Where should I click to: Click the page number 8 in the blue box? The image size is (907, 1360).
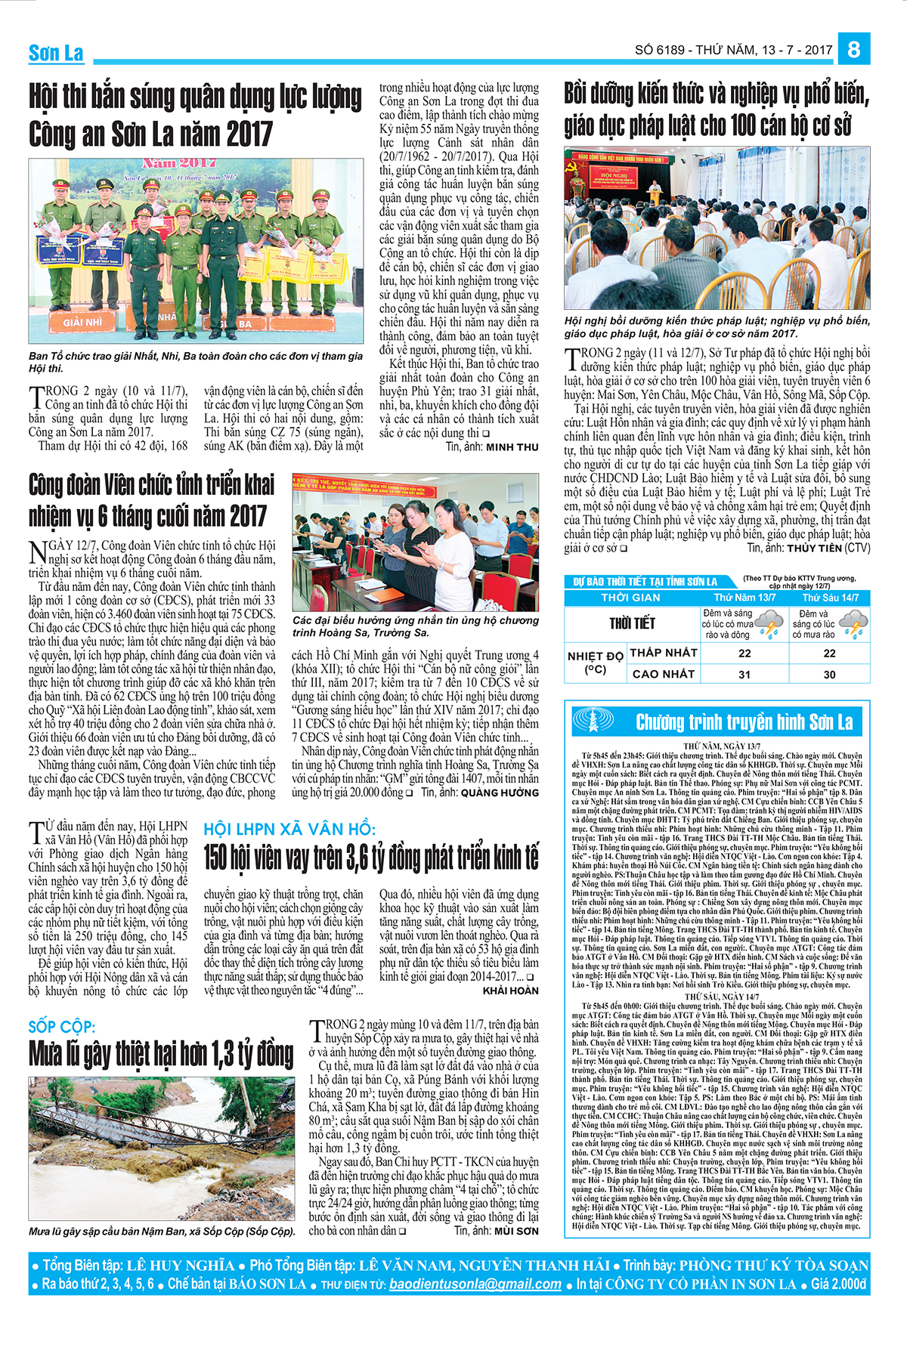(854, 49)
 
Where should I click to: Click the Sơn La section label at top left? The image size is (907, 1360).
(56, 53)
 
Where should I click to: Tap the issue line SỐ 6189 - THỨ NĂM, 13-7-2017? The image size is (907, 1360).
(733, 50)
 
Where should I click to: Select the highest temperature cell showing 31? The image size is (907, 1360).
(744, 674)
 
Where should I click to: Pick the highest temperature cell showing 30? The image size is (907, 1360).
(829, 674)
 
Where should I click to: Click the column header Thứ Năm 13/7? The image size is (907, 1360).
(744, 597)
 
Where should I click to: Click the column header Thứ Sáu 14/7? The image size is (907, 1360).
(830, 597)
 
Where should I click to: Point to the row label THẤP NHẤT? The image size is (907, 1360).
(663, 653)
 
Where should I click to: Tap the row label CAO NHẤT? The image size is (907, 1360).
(663, 674)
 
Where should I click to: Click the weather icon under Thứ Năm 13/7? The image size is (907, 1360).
(769, 624)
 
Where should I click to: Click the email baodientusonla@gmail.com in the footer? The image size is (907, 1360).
(475, 1284)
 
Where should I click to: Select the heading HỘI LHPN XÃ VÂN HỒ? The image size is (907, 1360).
(289, 829)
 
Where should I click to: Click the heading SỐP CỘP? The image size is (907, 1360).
(62, 1027)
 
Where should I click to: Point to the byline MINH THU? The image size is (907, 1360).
(512, 447)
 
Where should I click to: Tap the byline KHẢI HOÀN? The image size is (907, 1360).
(511, 991)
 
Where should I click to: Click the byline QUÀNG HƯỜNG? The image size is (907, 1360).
(500, 793)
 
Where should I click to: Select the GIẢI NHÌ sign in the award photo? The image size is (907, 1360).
(82, 322)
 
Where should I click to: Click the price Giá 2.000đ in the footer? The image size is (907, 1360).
(838, 1284)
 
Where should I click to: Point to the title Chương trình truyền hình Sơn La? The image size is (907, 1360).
(744, 722)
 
